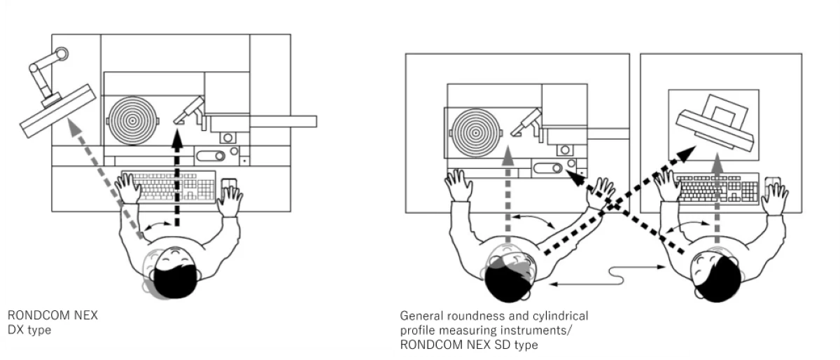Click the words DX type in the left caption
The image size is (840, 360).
point(29,330)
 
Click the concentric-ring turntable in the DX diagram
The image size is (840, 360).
point(132,121)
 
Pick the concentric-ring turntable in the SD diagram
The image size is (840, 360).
point(475,133)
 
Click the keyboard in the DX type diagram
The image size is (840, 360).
point(169,186)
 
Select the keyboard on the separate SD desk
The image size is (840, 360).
point(717,188)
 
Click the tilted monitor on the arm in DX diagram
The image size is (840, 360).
point(57,111)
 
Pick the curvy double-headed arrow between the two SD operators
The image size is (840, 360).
point(608,276)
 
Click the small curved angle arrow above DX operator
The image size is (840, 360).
point(158,225)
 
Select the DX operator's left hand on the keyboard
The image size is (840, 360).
point(127,188)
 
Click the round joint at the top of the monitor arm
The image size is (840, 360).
point(61,54)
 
